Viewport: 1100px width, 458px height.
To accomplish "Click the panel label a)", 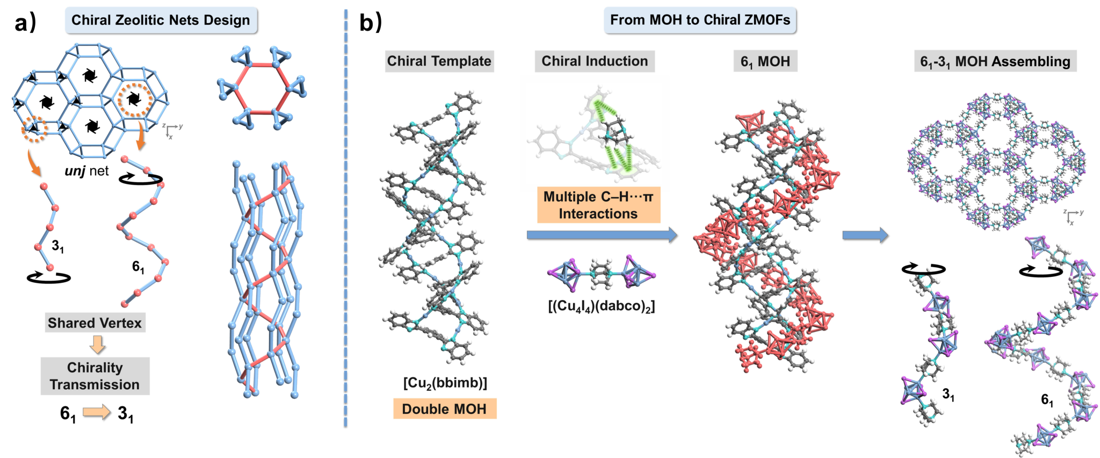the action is pos(25,23).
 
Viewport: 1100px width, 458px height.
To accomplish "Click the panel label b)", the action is pos(370,23).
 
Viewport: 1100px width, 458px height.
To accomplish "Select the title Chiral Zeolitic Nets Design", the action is pos(161,20).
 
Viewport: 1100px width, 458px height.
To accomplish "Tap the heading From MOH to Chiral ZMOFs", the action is pos(700,20).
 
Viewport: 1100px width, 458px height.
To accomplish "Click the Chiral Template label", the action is pos(439,61).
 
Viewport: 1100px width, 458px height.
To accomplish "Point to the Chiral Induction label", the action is pos(595,61).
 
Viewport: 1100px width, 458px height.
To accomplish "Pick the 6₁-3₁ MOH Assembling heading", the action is pos(995,62).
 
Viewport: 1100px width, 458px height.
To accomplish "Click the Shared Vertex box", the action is pos(95,323).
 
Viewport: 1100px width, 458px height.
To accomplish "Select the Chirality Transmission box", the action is pos(95,376).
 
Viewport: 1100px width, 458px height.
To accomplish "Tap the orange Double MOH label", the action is pos(445,409).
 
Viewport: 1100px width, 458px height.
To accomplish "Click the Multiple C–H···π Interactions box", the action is pos(598,205).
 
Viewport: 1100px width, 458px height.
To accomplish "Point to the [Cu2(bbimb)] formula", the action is pos(445,383).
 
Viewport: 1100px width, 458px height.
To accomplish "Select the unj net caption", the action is pos(86,171).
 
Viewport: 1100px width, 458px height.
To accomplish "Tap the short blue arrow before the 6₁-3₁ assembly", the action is pos(865,235).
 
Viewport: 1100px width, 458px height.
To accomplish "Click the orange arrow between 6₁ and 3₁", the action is pos(97,412).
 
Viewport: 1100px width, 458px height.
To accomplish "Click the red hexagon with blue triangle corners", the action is pos(262,88).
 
